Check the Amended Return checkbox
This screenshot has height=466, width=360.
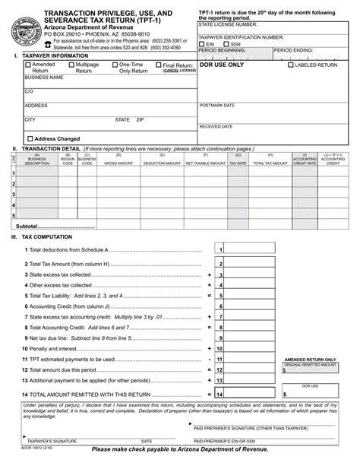pos(28,66)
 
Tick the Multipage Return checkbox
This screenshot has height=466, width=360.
pos(71,66)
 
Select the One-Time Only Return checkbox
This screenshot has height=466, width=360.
pos(115,66)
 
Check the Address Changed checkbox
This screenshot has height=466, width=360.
pos(30,138)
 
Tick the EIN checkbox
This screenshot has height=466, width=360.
pos(202,44)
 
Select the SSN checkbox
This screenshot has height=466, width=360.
pos(225,44)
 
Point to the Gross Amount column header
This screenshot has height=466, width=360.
pos(118,163)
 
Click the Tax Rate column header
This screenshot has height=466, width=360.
pos(238,163)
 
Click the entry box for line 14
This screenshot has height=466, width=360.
pos(250,395)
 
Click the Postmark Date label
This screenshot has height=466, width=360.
pos(217,105)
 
